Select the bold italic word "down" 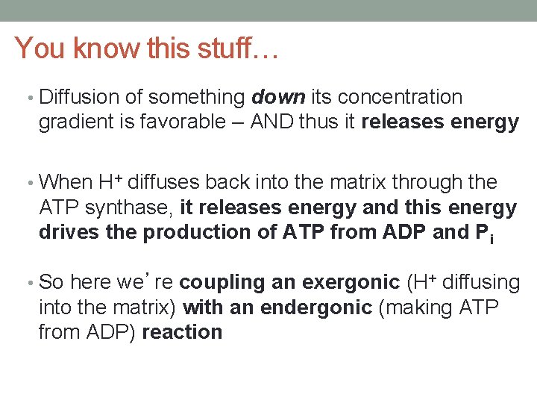278,97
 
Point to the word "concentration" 401,97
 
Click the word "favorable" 175,122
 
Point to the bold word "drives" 69,232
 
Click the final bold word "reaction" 182,332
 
